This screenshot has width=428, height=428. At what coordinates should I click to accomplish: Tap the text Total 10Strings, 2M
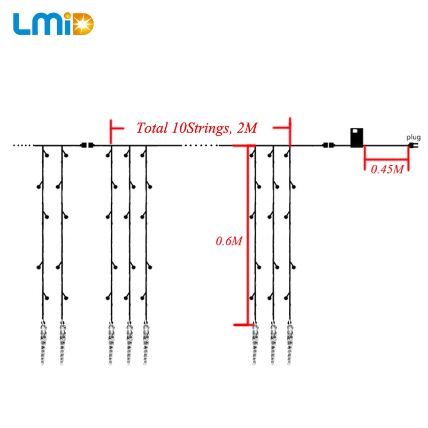click(x=197, y=128)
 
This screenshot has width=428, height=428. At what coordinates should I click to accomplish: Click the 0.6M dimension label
click(x=229, y=241)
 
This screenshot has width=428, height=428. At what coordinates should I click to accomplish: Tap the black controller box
click(x=357, y=137)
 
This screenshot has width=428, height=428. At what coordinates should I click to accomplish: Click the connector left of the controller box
click(x=328, y=145)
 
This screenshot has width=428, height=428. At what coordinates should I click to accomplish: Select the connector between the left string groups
click(x=86, y=145)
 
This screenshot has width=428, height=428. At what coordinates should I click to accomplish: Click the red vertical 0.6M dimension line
click(x=248, y=235)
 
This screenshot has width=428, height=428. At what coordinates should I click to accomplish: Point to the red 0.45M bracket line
click(x=386, y=159)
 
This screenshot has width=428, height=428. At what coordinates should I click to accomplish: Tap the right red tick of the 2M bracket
click(x=289, y=131)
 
